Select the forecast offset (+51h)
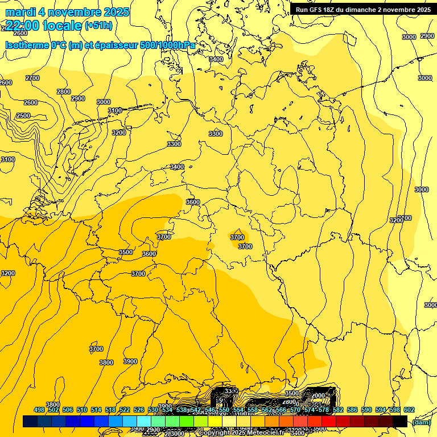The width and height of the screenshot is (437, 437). pyautogui.click(x=98, y=25)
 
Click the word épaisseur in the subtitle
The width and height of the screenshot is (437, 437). pyautogui.click(x=117, y=45)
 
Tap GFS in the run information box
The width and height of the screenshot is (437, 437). pyautogui.click(x=316, y=10)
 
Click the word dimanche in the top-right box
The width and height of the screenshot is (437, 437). pyautogui.click(x=366, y=10)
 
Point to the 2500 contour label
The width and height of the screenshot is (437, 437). pyautogui.click(x=23, y=116)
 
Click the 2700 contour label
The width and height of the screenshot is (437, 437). pyautogui.click(x=32, y=78)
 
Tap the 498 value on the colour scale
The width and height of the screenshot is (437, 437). pyautogui.click(x=39, y=410)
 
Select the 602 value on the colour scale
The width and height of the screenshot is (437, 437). pyautogui.click(x=409, y=410)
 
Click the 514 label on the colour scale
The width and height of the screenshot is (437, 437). pyautogui.click(x=96, y=410)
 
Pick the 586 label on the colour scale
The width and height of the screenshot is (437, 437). pyautogui.click(x=352, y=410)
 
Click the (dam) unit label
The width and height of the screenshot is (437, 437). pyautogui.click(x=422, y=422)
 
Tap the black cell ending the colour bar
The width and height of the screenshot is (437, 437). pyautogui.click(x=400, y=421)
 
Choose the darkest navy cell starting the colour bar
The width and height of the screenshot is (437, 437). pyautogui.click(x=30, y=421)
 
